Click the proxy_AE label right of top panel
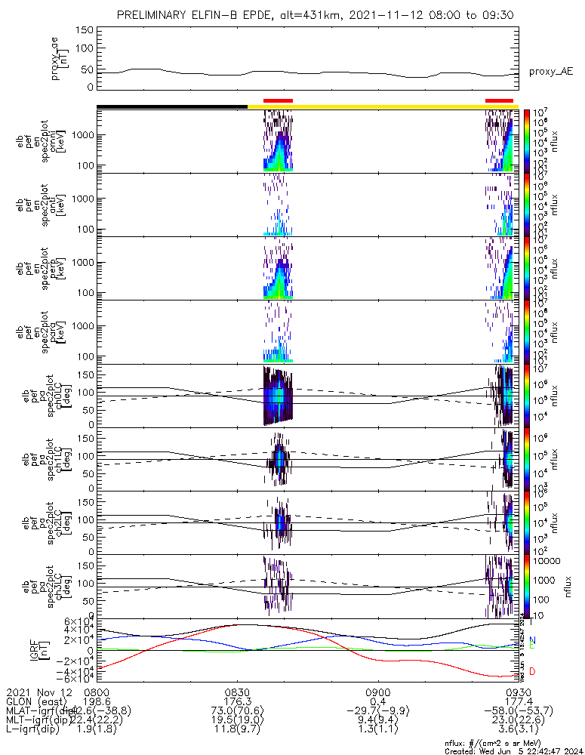(x=550, y=72)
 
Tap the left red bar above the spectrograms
(x=278, y=100)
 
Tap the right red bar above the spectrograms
(x=500, y=100)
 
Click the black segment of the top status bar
(x=172, y=106)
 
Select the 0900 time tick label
(x=377, y=692)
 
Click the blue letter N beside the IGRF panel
(x=532, y=640)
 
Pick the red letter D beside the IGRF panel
(x=532, y=671)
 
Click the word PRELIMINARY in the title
(x=152, y=16)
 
